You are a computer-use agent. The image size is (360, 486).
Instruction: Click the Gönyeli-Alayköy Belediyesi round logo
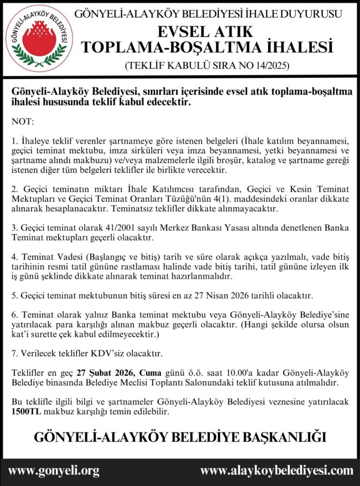pyautogui.click(x=39, y=38)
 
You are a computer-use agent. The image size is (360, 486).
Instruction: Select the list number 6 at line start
pyautogui.click(x=14, y=316)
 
